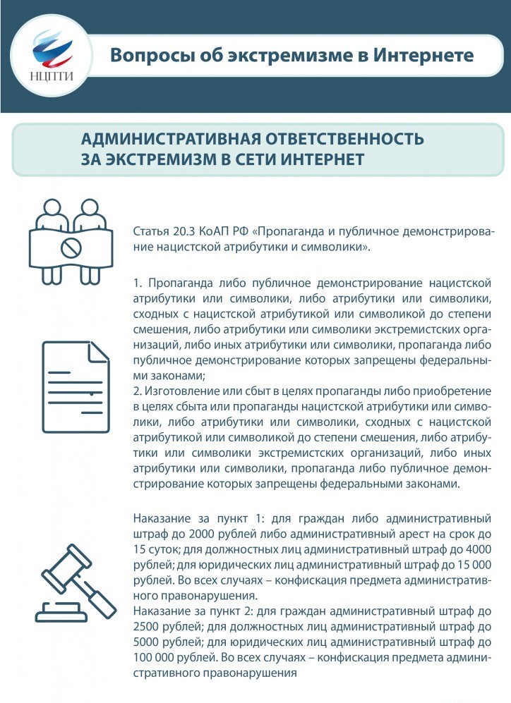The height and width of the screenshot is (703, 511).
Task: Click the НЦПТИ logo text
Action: click(x=53, y=77)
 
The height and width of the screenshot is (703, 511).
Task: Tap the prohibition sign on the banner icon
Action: click(x=68, y=247)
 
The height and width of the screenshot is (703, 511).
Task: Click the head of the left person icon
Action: click(x=50, y=209)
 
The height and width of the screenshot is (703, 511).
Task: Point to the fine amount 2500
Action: click(x=146, y=628)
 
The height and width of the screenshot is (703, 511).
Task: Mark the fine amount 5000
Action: click(x=146, y=642)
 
